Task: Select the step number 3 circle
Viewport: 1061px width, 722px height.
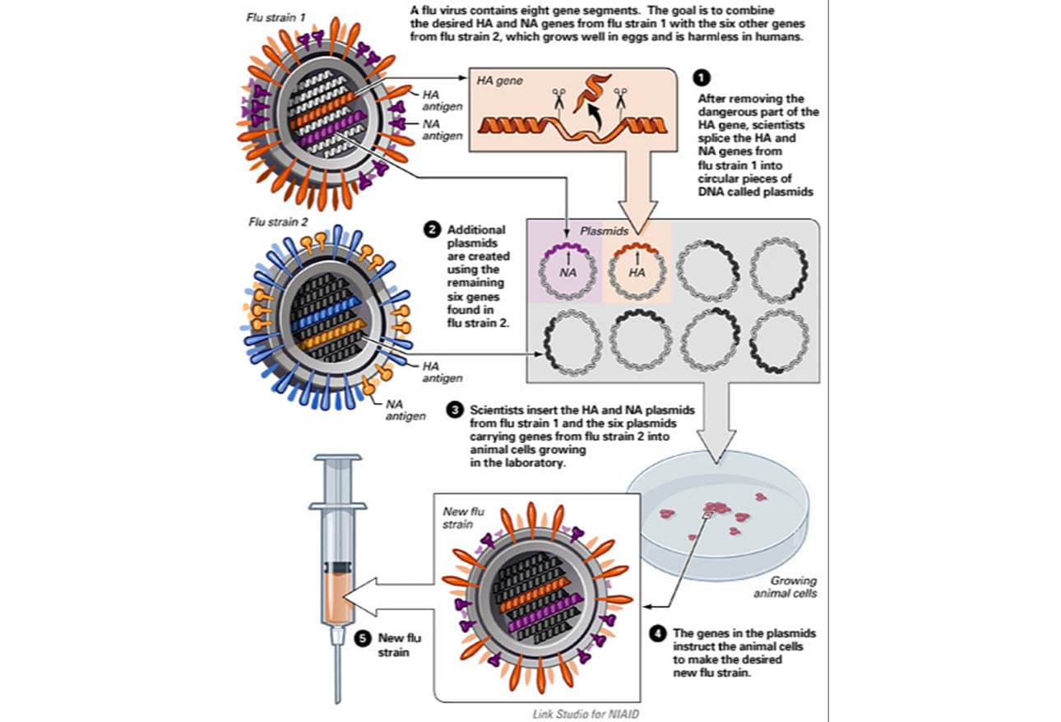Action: [x=454, y=409]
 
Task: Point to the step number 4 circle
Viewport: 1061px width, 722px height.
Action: [x=657, y=633]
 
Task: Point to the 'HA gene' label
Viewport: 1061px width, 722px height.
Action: [x=500, y=81]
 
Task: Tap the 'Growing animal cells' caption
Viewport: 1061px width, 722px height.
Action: [x=792, y=586]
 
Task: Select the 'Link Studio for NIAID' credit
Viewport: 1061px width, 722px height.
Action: [x=586, y=713]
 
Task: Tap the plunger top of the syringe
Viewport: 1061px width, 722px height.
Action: [x=335, y=456]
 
